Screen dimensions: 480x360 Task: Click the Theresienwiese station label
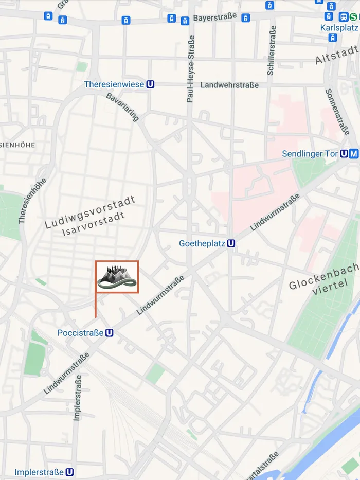click(x=114, y=84)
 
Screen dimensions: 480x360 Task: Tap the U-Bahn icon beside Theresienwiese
click(x=150, y=84)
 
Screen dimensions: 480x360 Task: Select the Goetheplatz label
click(x=202, y=243)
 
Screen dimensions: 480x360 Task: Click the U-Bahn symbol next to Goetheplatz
click(x=231, y=243)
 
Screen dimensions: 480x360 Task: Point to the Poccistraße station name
click(x=80, y=333)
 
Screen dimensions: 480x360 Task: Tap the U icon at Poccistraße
click(x=109, y=333)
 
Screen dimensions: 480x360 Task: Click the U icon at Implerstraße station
click(x=70, y=472)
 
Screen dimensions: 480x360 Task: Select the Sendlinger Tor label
click(x=310, y=154)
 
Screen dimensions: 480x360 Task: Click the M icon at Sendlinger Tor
click(x=353, y=154)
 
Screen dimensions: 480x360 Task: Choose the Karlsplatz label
click(x=339, y=27)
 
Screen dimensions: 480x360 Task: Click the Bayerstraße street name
click(x=215, y=17)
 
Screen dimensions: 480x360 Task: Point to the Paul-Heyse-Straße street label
click(x=191, y=69)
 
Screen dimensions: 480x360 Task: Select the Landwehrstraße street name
click(x=229, y=85)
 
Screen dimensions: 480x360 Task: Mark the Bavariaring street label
click(x=122, y=107)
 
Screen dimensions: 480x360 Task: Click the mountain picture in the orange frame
click(x=117, y=277)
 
